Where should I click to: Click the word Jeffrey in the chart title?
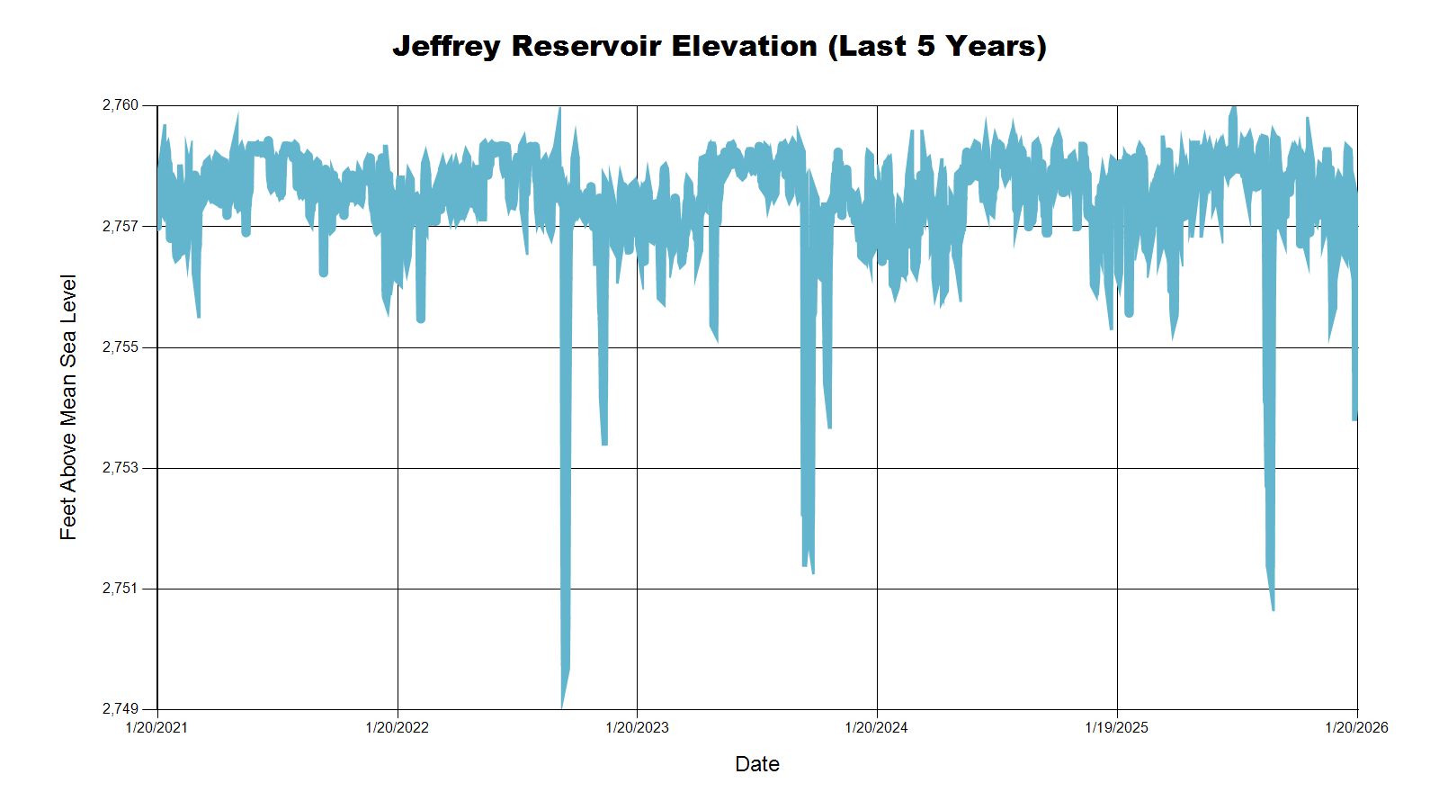[446, 46]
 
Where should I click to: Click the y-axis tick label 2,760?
[121, 105]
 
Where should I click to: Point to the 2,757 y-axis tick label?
[121, 227]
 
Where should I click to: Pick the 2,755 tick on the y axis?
[121, 347]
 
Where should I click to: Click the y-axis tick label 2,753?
[121, 468]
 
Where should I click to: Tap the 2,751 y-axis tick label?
[121, 589]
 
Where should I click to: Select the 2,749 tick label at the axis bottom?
[121, 709]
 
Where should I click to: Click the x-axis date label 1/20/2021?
[156, 728]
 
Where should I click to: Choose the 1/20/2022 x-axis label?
[397, 728]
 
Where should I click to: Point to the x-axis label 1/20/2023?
[637, 728]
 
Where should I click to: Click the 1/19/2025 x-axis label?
[1116, 728]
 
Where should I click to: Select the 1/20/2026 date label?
[1356, 728]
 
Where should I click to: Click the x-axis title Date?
[757, 764]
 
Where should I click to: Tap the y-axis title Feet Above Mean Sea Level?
[68, 407]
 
